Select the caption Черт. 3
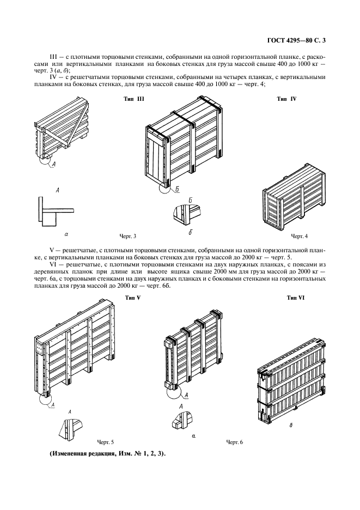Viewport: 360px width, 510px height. (127, 236)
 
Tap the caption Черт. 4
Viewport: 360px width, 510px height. (299, 236)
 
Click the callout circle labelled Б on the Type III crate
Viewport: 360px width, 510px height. (164, 187)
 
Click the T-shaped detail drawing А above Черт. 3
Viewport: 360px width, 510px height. (54, 211)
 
